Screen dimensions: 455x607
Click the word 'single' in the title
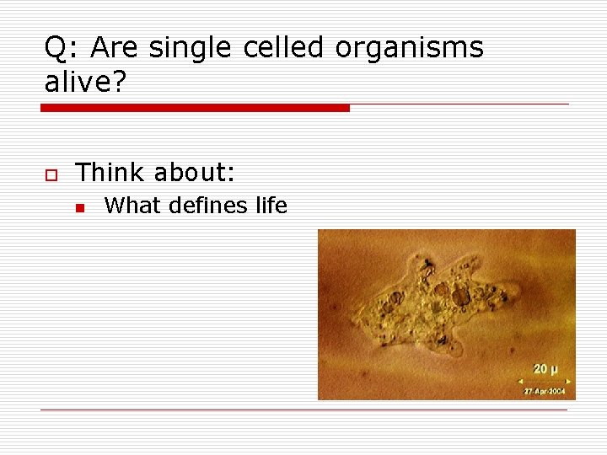(191, 49)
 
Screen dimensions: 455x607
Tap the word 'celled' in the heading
(283, 49)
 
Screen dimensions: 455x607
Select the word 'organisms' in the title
(409, 49)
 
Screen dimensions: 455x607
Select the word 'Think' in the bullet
(110, 173)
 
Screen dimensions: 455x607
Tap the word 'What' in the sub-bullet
(132, 206)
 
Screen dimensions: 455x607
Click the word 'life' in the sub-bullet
(270, 206)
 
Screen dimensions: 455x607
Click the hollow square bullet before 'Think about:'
(50, 174)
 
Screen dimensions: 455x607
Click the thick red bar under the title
(195, 108)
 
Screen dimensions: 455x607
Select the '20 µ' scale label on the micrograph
(545, 369)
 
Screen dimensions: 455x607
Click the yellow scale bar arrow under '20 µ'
(545, 381)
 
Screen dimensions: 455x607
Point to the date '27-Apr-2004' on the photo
(545, 392)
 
